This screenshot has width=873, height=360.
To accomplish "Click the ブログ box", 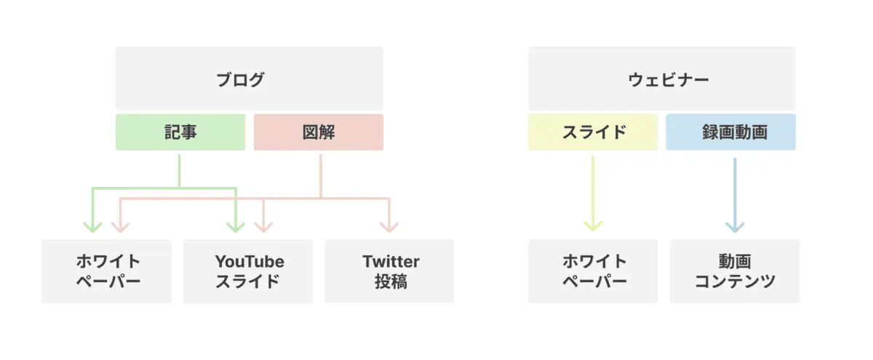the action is click(x=250, y=79).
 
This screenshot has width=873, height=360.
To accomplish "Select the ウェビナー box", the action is click(x=662, y=79).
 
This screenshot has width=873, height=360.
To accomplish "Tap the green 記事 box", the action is click(x=180, y=132).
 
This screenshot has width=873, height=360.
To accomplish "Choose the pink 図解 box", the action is click(x=319, y=132).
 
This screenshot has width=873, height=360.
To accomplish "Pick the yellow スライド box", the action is click(x=593, y=132).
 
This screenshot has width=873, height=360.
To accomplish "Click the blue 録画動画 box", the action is click(x=730, y=132).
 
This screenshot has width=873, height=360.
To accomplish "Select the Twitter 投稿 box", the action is click(x=389, y=271).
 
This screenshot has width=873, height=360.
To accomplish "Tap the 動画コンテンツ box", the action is click(x=735, y=271).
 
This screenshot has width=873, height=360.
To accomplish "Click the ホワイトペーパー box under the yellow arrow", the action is click(x=593, y=271).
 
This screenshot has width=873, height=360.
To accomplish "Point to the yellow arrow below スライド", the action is click(x=593, y=193).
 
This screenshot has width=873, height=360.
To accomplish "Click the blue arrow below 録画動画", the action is click(x=735, y=195).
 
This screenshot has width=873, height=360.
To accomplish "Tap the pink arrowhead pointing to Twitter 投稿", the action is click(x=389, y=228).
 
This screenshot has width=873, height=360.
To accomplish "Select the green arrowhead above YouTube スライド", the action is click(x=236, y=228).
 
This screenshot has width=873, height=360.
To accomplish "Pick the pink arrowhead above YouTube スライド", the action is click(x=263, y=228).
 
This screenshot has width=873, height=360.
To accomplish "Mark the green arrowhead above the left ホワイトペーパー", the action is click(x=92, y=228).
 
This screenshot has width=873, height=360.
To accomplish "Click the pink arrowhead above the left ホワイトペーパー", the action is click(x=121, y=228).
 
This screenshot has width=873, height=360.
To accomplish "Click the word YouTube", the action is click(x=250, y=261).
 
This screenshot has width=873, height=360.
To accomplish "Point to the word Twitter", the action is click(x=391, y=261).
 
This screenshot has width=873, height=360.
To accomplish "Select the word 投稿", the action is click(x=391, y=281).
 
